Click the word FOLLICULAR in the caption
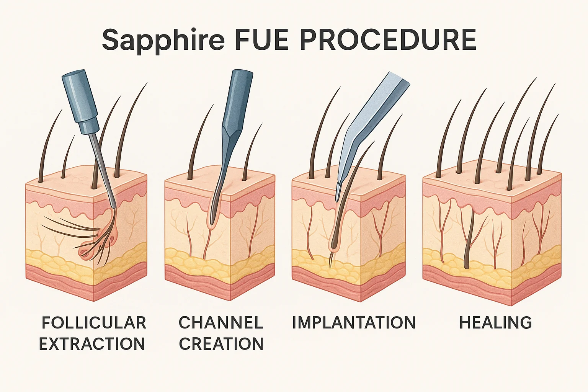pyautogui.click(x=94, y=323)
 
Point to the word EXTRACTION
pyautogui.click(x=92, y=344)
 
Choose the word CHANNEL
pyautogui.click(x=221, y=323)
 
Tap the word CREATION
pyautogui.click(x=221, y=344)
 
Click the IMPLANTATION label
pyautogui.click(x=354, y=323)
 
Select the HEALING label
pyautogui.click(x=495, y=323)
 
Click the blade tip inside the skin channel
pyautogui.click(x=211, y=218)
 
